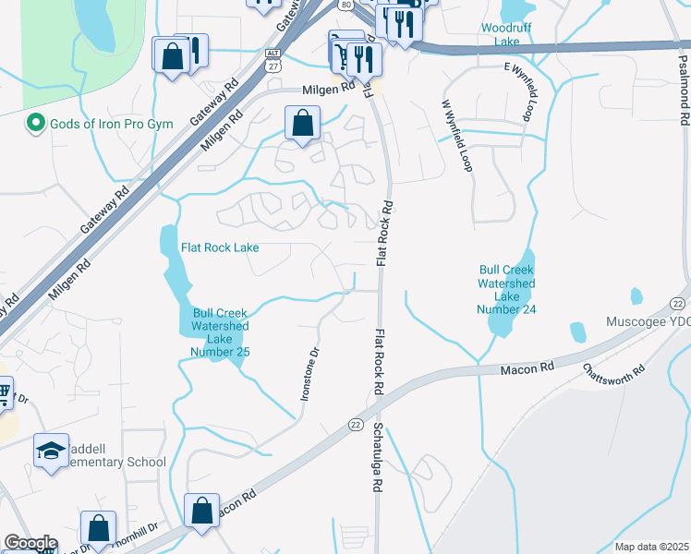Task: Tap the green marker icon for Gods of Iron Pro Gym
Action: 36,123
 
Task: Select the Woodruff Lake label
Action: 506,35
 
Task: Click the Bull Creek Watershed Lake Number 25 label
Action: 220,331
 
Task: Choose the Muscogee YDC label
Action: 648,324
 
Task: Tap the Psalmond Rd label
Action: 683,88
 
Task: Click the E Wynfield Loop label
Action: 520,93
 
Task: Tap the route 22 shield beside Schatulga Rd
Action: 356,423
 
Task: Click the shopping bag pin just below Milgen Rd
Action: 302,123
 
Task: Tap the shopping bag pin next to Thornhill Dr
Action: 98,527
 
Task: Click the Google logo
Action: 30,544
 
